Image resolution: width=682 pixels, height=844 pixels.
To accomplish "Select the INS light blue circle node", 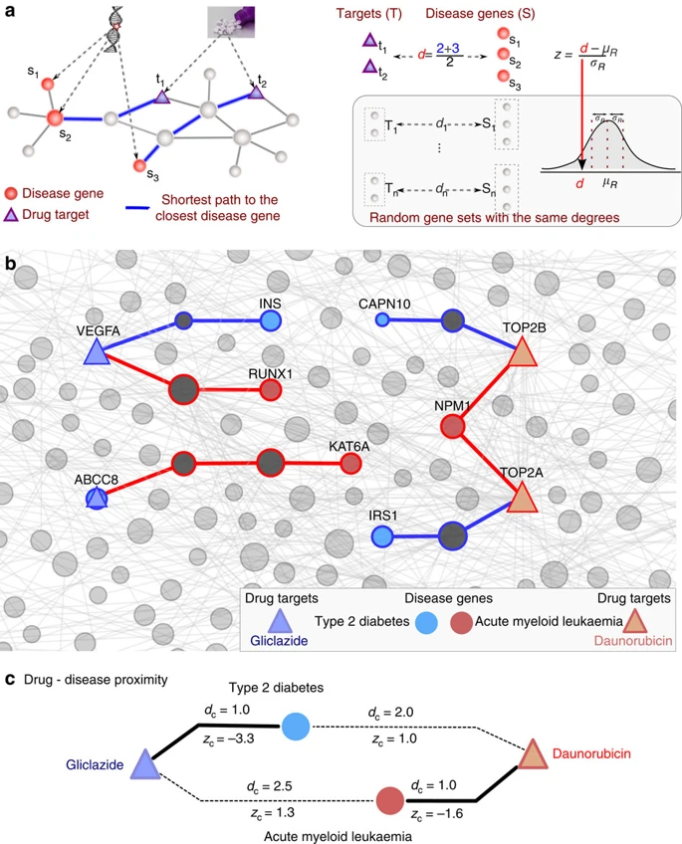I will pos(271,320).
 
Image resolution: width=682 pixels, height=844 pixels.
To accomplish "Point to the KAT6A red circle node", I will pos(350,464).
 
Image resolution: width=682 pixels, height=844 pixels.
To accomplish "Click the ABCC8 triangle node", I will pos(96,498).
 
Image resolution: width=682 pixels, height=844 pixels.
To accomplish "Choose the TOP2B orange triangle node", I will pos(523,353).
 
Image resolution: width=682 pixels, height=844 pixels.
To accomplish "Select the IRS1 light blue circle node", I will pos(381,536).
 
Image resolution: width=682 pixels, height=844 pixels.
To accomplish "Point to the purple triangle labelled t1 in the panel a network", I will pos(162,97).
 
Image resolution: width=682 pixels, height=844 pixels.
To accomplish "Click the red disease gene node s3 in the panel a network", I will pos(140,165).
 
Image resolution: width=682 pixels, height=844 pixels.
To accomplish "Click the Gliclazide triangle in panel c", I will pos(145,764).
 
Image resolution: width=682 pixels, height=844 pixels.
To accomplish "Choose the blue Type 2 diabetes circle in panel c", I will pos(295,727).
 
